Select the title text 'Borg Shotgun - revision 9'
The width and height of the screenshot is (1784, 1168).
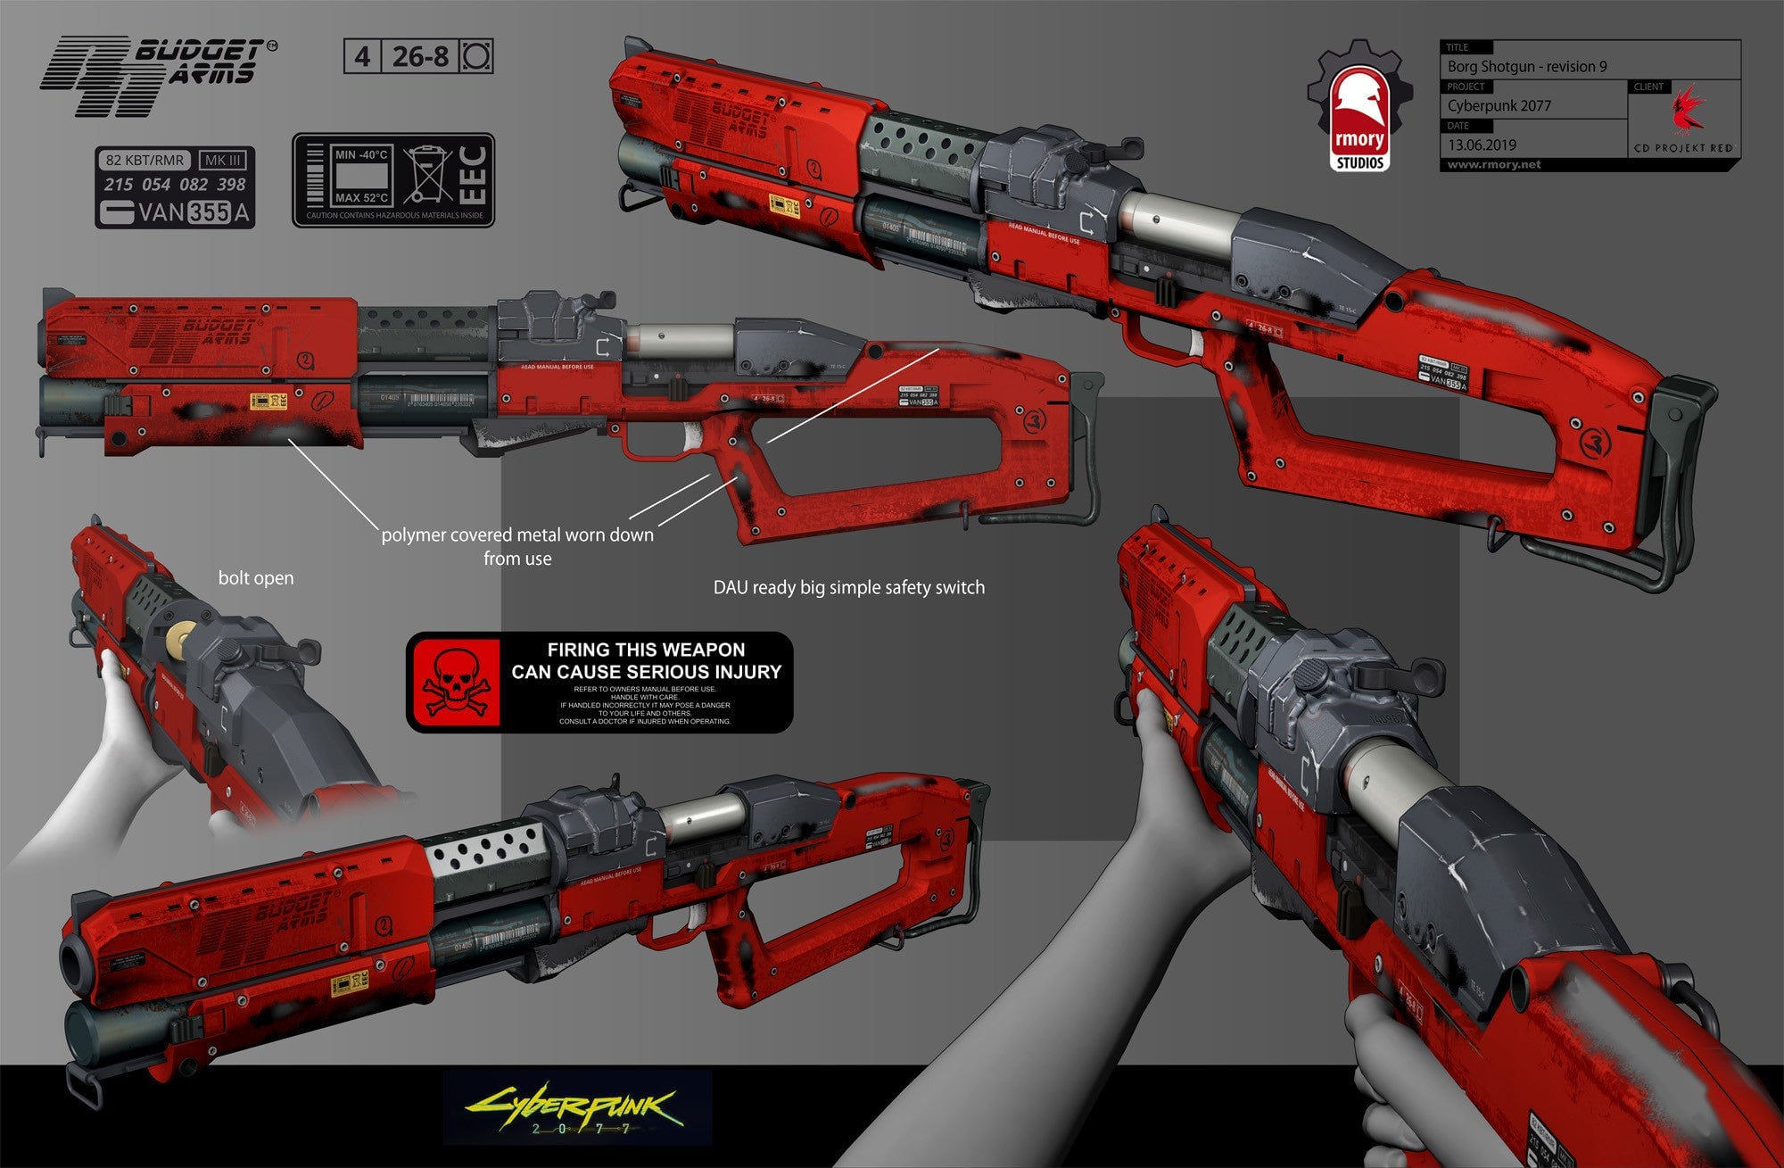(1527, 67)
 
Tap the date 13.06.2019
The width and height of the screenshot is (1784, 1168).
(1482, 145)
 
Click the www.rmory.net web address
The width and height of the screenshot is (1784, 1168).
(1494, 165)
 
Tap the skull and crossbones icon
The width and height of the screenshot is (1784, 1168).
(455, 683)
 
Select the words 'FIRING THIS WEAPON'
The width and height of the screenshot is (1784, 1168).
(646, 650)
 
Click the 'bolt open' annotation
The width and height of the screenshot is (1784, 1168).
(256, 578)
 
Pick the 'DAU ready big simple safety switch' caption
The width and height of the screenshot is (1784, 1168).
(848, 588)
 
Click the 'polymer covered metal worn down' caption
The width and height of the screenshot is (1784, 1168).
(517, 535)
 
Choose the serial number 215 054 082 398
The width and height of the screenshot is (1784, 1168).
(175, 185)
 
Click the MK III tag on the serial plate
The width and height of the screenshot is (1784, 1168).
(222, 161)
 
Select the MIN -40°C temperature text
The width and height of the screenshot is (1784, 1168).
(360, 154)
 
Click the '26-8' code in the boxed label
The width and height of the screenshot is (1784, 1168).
(420, 57)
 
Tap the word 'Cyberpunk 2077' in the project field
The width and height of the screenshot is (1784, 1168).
(1499, 106)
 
